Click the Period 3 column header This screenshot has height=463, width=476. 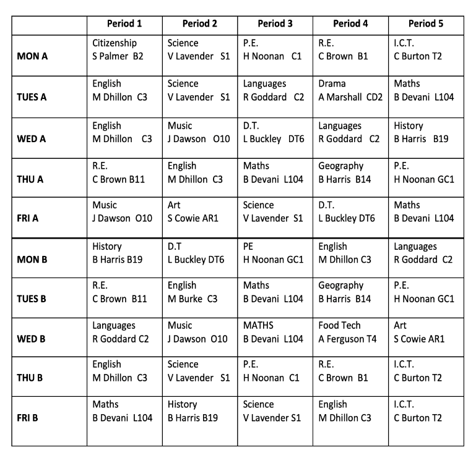tap(275, 24)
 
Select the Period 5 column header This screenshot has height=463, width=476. tap(426, 24)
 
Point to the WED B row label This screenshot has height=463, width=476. tap(35, 339)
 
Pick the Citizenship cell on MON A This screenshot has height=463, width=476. tap(124, 50)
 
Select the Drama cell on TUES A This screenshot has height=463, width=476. tap(350, 90)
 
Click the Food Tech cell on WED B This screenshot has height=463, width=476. tap(350, 332)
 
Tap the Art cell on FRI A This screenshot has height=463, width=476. tap(199, 211)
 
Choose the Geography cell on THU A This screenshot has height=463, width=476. tap(350, 172)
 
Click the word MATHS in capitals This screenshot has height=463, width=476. tap(258, 325)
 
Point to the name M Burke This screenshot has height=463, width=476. tap(184, 299)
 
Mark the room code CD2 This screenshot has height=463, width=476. tap(374, 97)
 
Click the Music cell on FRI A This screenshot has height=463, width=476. tap(124, 211)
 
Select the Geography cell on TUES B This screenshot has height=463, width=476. tap(350, 292)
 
